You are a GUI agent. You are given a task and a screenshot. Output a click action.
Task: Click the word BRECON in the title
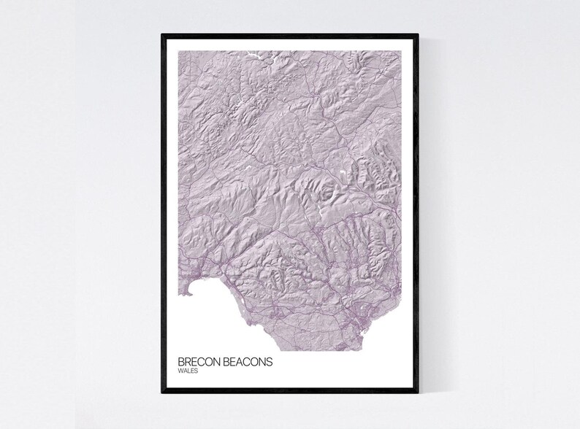[198, 362]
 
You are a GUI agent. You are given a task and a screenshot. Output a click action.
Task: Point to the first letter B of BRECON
[180, 362]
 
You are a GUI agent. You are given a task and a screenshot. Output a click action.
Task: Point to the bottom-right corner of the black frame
[418, 393]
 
